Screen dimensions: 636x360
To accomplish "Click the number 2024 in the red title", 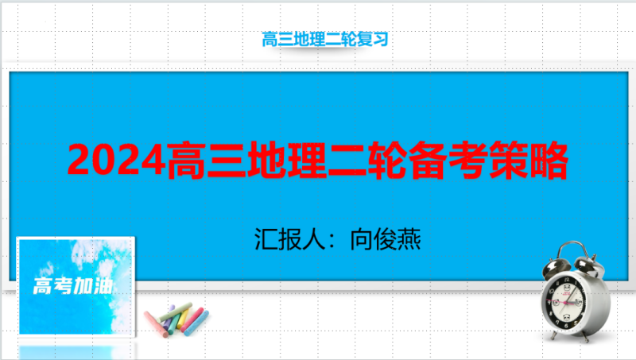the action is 117,160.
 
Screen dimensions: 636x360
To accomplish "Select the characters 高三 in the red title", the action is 207,161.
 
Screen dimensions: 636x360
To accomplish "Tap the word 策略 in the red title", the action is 528,161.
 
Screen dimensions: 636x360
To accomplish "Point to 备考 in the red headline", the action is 448,161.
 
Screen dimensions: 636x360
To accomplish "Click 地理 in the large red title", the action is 287,161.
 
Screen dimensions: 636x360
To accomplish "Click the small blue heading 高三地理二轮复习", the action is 325,39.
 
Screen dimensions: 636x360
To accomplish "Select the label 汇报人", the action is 289,239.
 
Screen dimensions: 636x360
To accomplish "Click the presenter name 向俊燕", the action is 386,239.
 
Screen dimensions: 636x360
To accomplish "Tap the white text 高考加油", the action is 73,286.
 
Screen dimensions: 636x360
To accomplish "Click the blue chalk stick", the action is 196,323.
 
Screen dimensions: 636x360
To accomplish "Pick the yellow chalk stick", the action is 184,319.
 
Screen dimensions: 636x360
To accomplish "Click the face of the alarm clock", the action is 565,302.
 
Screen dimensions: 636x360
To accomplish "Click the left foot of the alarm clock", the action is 553,335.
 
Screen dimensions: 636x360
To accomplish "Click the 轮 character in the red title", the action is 387,161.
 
